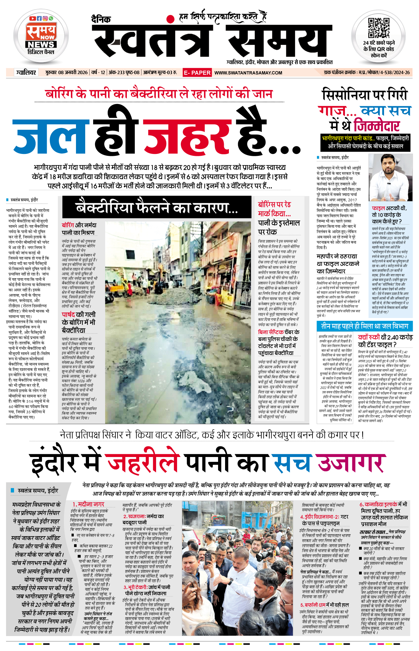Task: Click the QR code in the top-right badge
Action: pyautogui.click(x=378, y=28)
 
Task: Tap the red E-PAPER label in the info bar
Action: pyautogui.click(x=197, y=73)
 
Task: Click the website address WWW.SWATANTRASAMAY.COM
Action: pyautogui.click(x=248, y=73)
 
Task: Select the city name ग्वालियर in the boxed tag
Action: pyautogui.click(x=26, y=73)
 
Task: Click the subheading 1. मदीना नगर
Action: pyautogui.click(x=88, y=504)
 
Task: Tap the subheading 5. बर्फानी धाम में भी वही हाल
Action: pyautogui.click(x=324, y=605)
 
